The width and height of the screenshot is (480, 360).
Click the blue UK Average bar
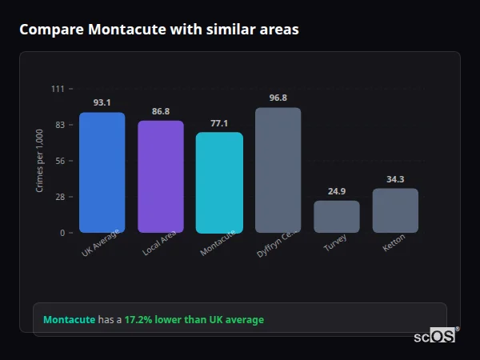pos(102,172)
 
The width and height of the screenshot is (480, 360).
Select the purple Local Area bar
pos(160,176)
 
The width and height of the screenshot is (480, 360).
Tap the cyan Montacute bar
pos(219,182)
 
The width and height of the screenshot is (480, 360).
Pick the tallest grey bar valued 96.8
pos(278,170)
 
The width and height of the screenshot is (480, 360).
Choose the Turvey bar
pos(336,216)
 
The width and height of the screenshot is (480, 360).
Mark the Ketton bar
pos(395,210)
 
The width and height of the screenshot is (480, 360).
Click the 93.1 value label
pos(102,102)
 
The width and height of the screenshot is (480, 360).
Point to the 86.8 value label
pos(160,111)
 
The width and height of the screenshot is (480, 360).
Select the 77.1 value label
pos(219,123)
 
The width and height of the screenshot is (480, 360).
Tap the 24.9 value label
pos(336,191)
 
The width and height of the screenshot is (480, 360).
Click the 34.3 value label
pos(395,179)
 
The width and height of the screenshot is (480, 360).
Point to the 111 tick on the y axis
pos(58,89)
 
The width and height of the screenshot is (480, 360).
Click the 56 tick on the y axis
pos(60,161)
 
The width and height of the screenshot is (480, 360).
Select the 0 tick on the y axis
pos(62,233)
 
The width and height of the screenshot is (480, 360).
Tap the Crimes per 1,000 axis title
pos(40,161)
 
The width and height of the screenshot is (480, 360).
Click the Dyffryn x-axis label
pos(276,243)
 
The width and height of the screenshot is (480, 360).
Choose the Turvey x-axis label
pos(335,243)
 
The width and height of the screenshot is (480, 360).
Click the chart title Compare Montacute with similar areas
pos(159,30)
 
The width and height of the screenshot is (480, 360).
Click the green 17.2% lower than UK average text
pos(194,320)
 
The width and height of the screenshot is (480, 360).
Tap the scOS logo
pos(434,336)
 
